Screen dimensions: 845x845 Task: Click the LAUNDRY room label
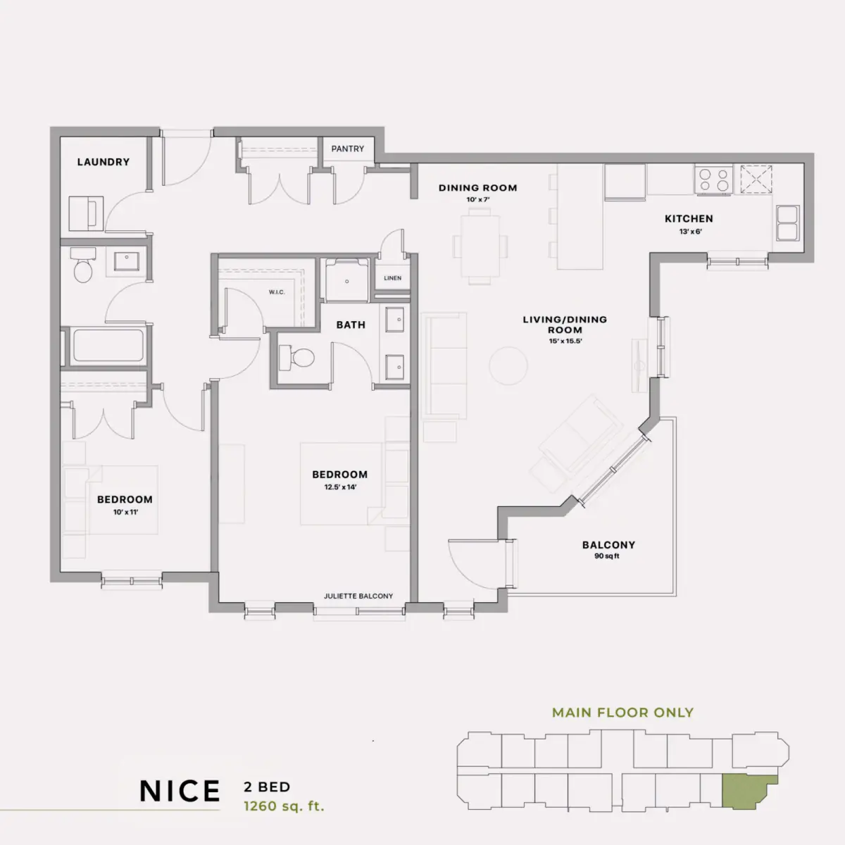[104, 162]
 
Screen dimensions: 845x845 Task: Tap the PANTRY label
[348, 149]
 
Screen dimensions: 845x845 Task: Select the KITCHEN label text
[689, 218]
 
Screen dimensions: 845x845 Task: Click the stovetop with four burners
[713, 180]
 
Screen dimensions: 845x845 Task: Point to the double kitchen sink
[787, 223]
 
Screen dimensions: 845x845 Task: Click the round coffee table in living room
[508, 365]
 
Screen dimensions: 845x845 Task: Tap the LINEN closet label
[392, 278]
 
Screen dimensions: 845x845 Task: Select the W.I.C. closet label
[277, 292]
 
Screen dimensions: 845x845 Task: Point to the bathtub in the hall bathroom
[108, 345]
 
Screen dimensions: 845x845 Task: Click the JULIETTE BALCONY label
[358, 596]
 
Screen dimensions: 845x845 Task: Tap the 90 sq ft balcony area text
[607, 556]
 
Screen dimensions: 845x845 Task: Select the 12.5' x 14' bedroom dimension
[340, 487]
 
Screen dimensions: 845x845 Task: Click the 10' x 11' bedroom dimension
[125, 512]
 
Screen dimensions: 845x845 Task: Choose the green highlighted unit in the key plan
[746, 791]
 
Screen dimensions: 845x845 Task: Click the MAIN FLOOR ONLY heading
[622, 713]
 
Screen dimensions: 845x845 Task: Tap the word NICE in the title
[180, 791]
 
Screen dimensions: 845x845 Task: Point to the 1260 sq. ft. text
[284, 806]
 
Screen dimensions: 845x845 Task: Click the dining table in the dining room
[480, 246]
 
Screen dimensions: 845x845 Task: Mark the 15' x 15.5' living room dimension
[565, 341]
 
